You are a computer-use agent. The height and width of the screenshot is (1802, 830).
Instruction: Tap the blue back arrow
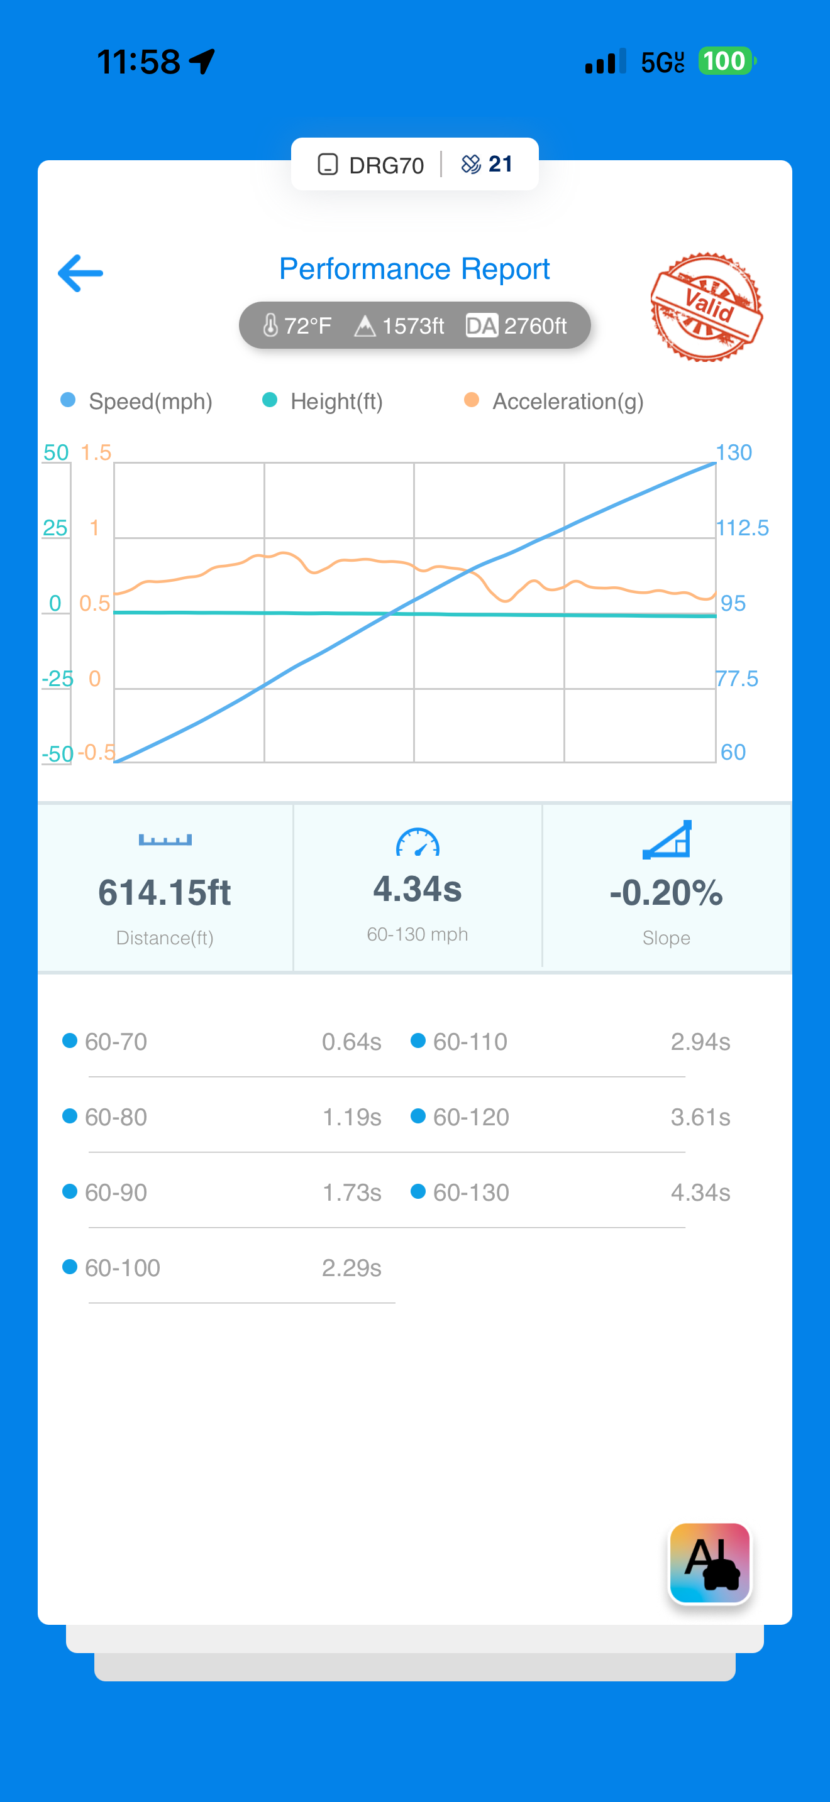click(x=80, y=273)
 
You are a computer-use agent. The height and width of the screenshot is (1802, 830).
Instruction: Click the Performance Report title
click(x=414, y=270)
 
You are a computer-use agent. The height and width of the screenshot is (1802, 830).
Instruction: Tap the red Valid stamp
click(x=705, y=307)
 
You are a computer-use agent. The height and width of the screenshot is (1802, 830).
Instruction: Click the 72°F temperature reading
click(x=297, y=326)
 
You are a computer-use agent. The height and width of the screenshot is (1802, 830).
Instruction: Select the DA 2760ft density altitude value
click(x=516, y=326)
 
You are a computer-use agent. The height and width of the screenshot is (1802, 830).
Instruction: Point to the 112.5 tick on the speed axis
click(x=742, y=528)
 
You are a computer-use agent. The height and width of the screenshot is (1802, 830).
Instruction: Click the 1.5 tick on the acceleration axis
click(x=96, y=452)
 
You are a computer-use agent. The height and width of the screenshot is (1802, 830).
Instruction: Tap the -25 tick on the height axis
click(x=57, y=679)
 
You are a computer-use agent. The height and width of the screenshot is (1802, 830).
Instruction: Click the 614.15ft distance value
click(x=165, y=893)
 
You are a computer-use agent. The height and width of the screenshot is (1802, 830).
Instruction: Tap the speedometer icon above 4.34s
click(x=418, y=843)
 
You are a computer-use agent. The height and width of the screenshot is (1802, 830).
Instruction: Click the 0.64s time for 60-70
click(x=351, y=1042)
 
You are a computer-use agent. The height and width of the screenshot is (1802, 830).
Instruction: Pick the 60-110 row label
click(x=470, y=1042)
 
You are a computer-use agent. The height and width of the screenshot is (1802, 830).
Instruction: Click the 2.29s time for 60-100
click(x=351, y=1267)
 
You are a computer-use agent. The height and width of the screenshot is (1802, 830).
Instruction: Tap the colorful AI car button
click(x=710, y=1563)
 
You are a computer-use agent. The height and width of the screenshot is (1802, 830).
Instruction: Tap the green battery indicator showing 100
click(x=726, y=62)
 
